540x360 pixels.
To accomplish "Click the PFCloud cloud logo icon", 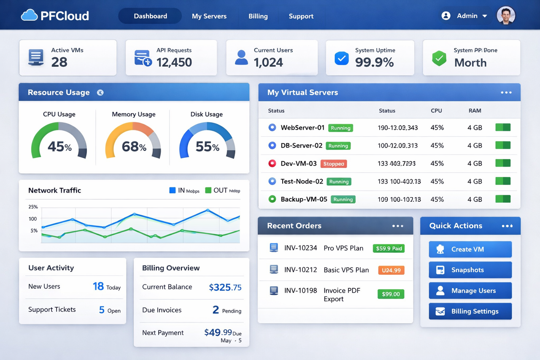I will coord(29,16).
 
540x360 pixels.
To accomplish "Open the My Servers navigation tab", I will coord(209,16).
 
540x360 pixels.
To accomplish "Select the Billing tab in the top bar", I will coord(258,16).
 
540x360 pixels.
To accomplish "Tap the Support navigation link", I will coord(301,16).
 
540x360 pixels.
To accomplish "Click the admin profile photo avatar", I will coord(506,16).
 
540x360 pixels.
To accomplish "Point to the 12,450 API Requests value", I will coord(174,62).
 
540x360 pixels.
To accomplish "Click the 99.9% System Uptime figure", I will coord(374,62).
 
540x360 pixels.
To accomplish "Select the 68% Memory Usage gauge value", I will coord(134,146).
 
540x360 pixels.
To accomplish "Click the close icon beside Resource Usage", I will coord(100,92).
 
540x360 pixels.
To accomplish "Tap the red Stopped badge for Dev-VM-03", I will coord(333,164).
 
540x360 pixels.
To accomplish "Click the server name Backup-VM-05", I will coord(304,199).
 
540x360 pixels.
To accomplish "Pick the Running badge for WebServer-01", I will coord(340,128).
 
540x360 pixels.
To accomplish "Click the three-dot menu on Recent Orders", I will coord(397,226).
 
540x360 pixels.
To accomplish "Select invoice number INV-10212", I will coord(300,270).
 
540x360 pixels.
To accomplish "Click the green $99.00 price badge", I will coord(390,294).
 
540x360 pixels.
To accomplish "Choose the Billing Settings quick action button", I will coord(470,311).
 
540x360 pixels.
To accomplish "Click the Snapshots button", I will coord(470,270).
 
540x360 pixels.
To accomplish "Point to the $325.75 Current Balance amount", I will coord(225,287).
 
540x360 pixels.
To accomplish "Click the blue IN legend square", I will coord(172,190).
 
